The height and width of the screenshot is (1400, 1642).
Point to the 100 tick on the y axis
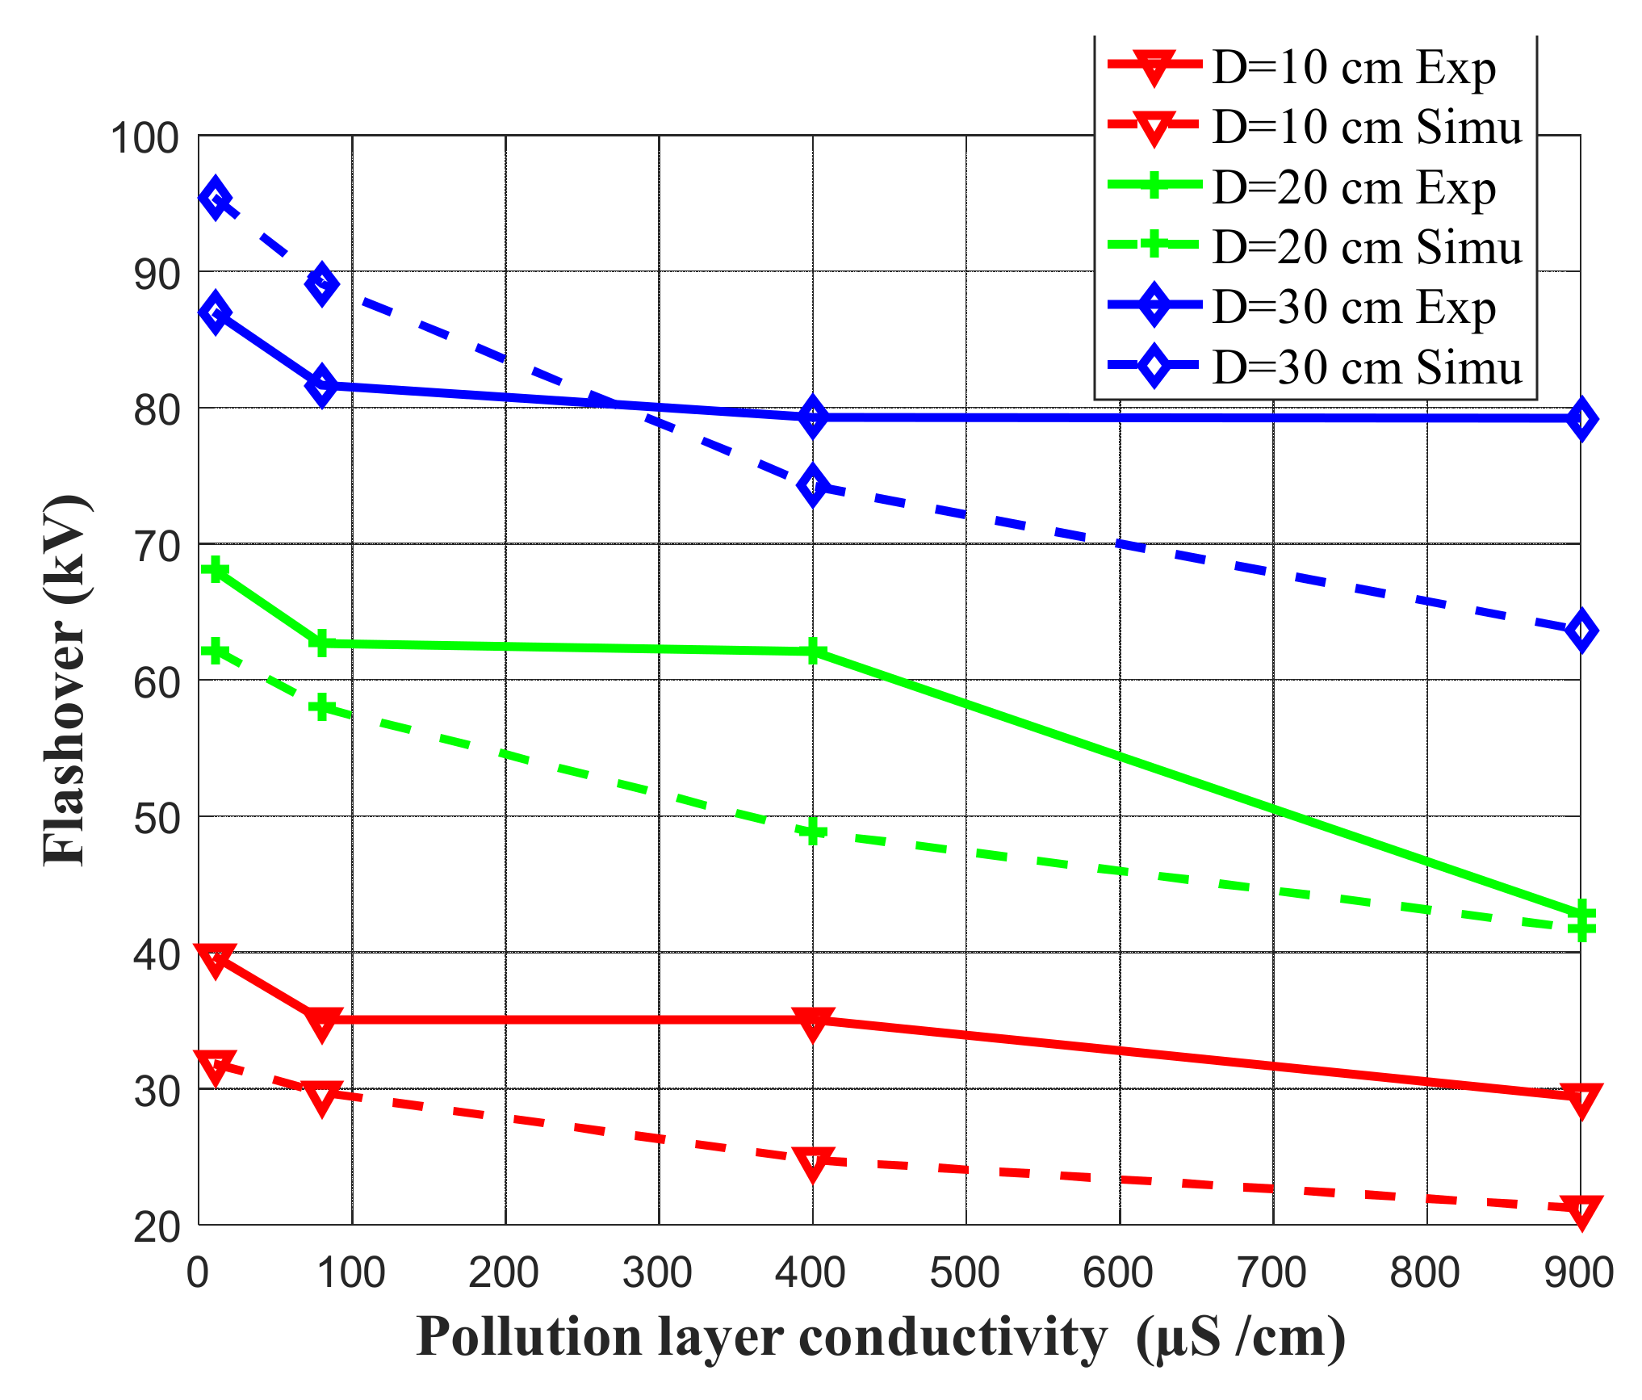click(x=145, y=138)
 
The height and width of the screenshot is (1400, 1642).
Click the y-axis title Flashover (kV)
click(x=65, y=680)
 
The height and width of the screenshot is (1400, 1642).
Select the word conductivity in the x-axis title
click(x=953, y=1336)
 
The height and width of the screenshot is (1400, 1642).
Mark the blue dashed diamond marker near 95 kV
click(x=215, y=199)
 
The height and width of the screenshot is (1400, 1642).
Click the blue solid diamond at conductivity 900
click(x=1581, y=418)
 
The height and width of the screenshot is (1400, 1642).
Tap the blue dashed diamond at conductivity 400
click(x=813, y=484)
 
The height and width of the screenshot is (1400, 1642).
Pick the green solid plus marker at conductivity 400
click(x=813, y=651)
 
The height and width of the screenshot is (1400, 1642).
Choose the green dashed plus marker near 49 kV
click(x=813, y=831)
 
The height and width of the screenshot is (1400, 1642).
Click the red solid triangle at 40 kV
click(x=215, y=958)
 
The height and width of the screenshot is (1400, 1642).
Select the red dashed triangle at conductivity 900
click(x=1581, y=1209)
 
